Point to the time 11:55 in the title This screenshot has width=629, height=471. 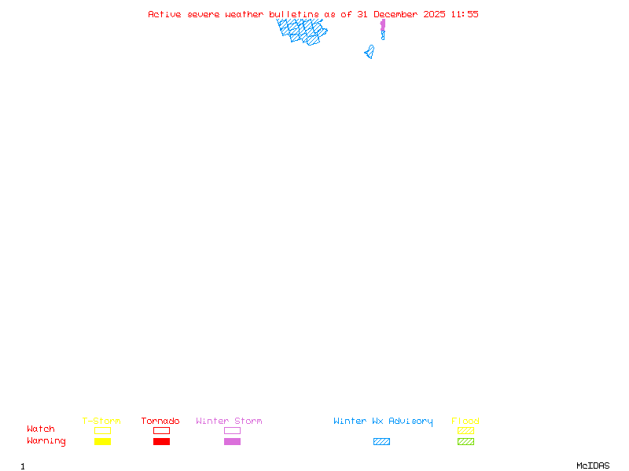point(465,14)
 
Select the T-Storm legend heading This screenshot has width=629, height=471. point(101,421)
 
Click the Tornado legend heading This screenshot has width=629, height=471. point(160,421)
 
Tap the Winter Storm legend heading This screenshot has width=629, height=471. point(229,421)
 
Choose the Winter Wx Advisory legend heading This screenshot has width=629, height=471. point(383,421)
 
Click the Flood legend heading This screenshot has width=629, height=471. point(465,421)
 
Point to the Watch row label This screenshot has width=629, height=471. point(41,429)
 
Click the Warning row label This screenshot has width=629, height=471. point(46,441)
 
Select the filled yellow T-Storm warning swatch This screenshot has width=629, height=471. point(102,441)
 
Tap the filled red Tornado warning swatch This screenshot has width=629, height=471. point(161,441)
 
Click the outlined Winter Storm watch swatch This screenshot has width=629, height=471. point(232,430)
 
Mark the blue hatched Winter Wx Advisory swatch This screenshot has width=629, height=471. point(381,441)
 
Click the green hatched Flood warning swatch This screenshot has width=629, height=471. point(465,441)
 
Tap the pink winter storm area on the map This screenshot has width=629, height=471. point(383,26)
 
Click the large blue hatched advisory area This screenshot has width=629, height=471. point(302,31)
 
